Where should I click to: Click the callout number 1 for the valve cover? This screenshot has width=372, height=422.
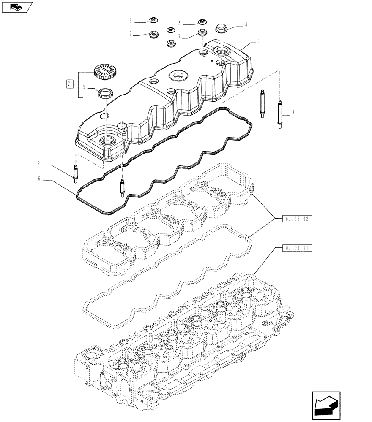257,41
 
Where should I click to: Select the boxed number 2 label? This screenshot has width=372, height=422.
68,84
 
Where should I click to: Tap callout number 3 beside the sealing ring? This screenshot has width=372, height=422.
84,88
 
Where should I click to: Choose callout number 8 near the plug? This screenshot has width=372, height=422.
246,25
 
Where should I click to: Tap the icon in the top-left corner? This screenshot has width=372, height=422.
17,6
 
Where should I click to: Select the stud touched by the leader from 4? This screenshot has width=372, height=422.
280,114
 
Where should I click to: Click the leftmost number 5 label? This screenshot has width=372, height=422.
131,20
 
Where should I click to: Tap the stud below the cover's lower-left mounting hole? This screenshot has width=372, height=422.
122,188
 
